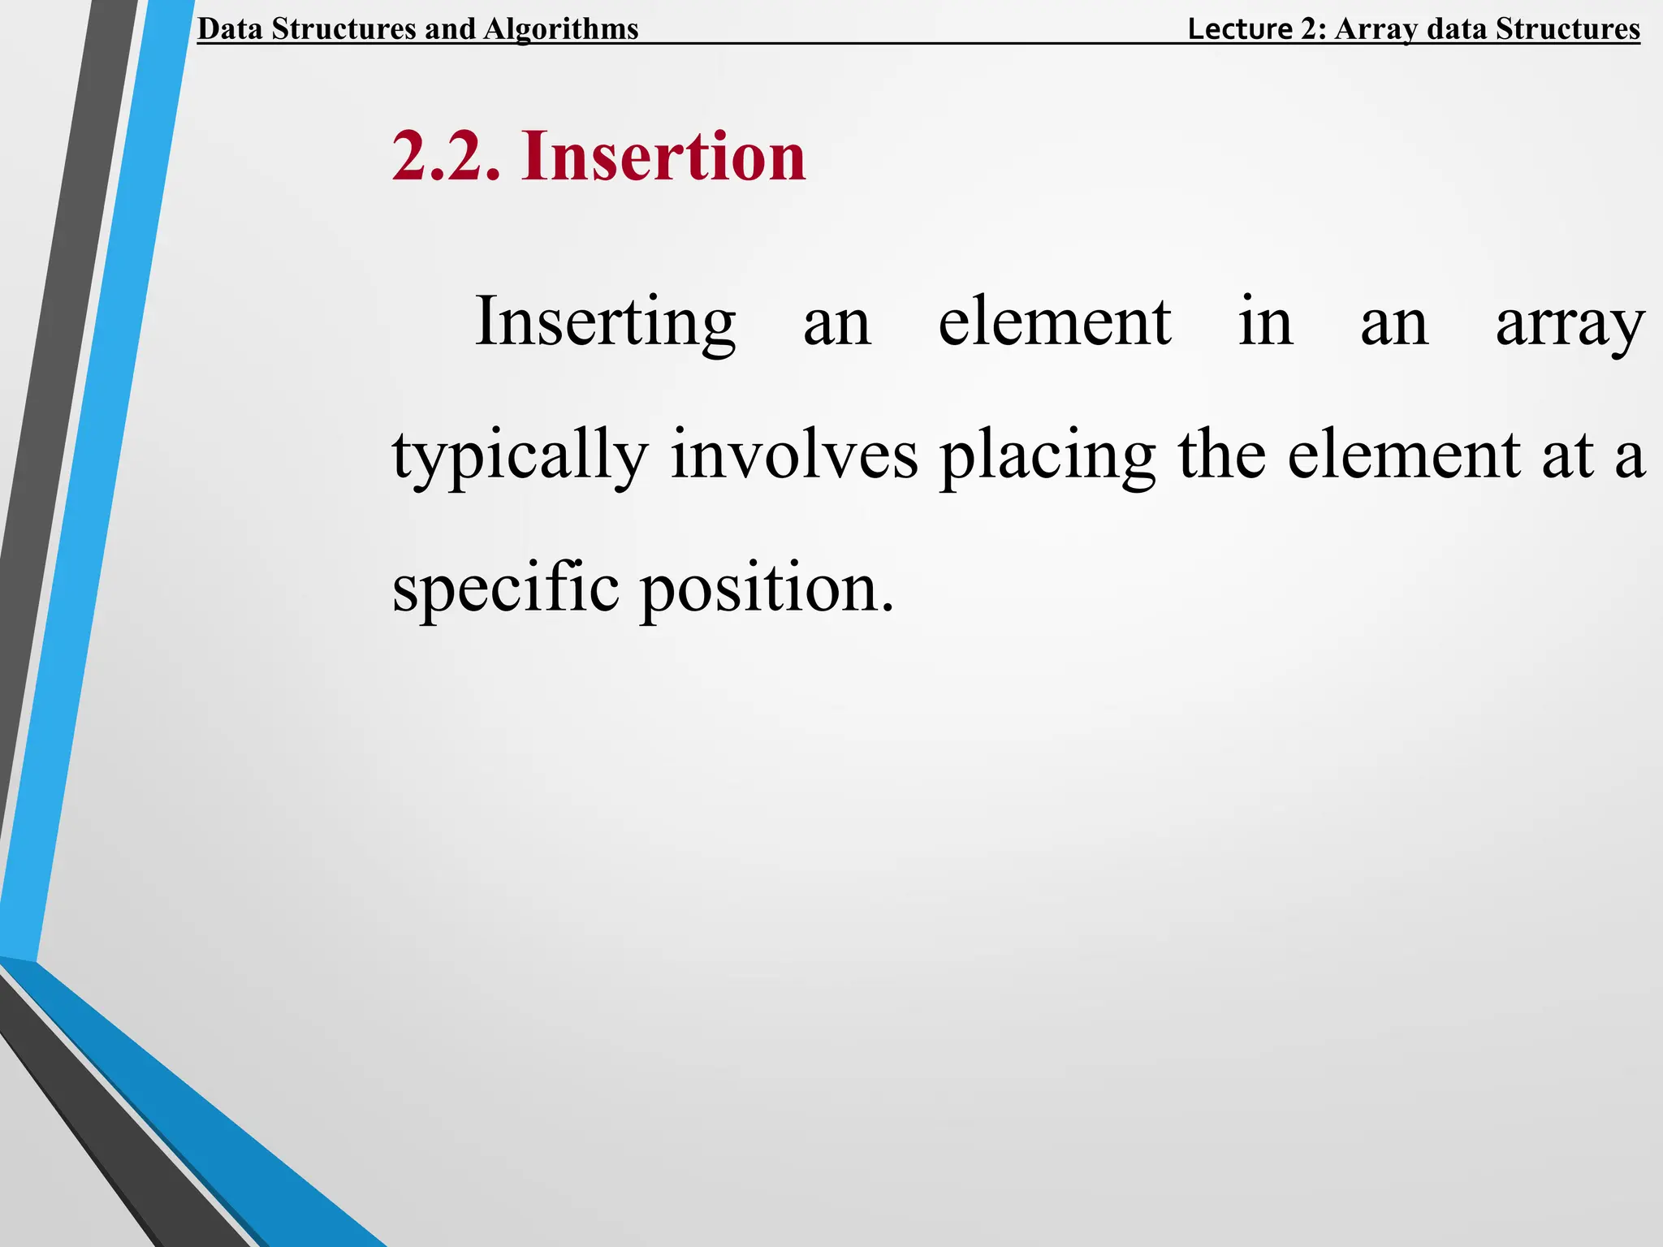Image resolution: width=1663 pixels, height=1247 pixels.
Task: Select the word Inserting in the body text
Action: (x=605, y=322)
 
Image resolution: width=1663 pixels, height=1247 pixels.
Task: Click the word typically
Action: (x=520, y=455)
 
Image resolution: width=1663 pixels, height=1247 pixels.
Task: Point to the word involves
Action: (x=794, y=455)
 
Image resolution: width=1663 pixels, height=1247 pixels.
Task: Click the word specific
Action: (x=506, y=589)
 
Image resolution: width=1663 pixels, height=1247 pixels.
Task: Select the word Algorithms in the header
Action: (x=561, y=29)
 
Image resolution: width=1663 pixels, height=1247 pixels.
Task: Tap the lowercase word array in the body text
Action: (x=1570, y=322)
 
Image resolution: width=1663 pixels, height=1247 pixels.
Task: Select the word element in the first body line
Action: (x=1054, y=322)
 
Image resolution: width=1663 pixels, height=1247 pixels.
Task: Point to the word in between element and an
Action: (x=1265, y=322)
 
